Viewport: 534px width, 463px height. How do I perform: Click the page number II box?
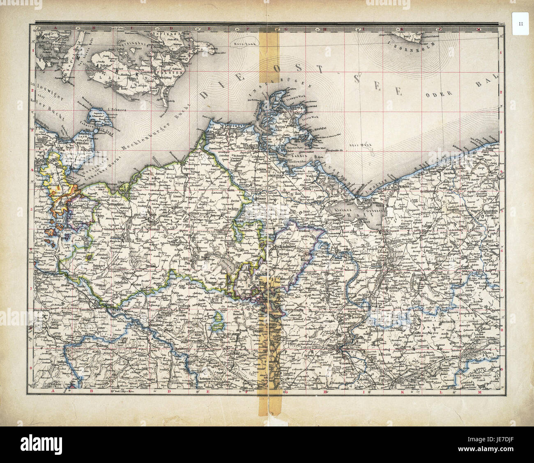pyautogui.click(x=520, y=24)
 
